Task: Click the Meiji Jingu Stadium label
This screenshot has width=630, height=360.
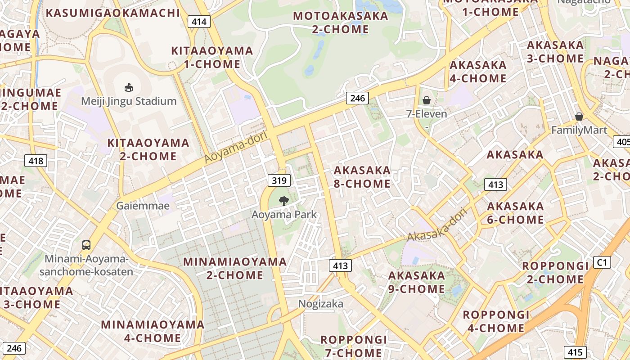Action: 129,101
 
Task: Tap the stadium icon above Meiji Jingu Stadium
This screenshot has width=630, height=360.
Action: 129,87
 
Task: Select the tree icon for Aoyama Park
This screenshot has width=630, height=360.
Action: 283,201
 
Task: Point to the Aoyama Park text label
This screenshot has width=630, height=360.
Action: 284,215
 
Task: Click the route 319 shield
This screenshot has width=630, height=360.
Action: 279,181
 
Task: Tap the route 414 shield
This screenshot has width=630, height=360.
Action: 199,22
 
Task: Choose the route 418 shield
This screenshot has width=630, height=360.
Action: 36,161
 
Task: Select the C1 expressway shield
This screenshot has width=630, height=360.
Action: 602,262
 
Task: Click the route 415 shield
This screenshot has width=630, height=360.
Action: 575,352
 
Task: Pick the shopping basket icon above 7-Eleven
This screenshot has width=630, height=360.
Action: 426,100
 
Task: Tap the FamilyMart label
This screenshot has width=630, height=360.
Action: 579,130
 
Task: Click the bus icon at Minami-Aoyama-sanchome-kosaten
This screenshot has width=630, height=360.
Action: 86,245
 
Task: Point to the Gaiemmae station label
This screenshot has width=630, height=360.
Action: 143,206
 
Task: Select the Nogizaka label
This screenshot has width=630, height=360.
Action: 321,304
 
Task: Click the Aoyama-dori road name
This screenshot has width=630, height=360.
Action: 236,147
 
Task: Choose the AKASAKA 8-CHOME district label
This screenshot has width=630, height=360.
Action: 362,177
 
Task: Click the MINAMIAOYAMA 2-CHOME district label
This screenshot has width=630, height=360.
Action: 235,268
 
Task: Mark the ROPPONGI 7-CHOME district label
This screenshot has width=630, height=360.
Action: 354,346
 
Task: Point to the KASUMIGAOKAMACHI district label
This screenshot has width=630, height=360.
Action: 113,13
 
